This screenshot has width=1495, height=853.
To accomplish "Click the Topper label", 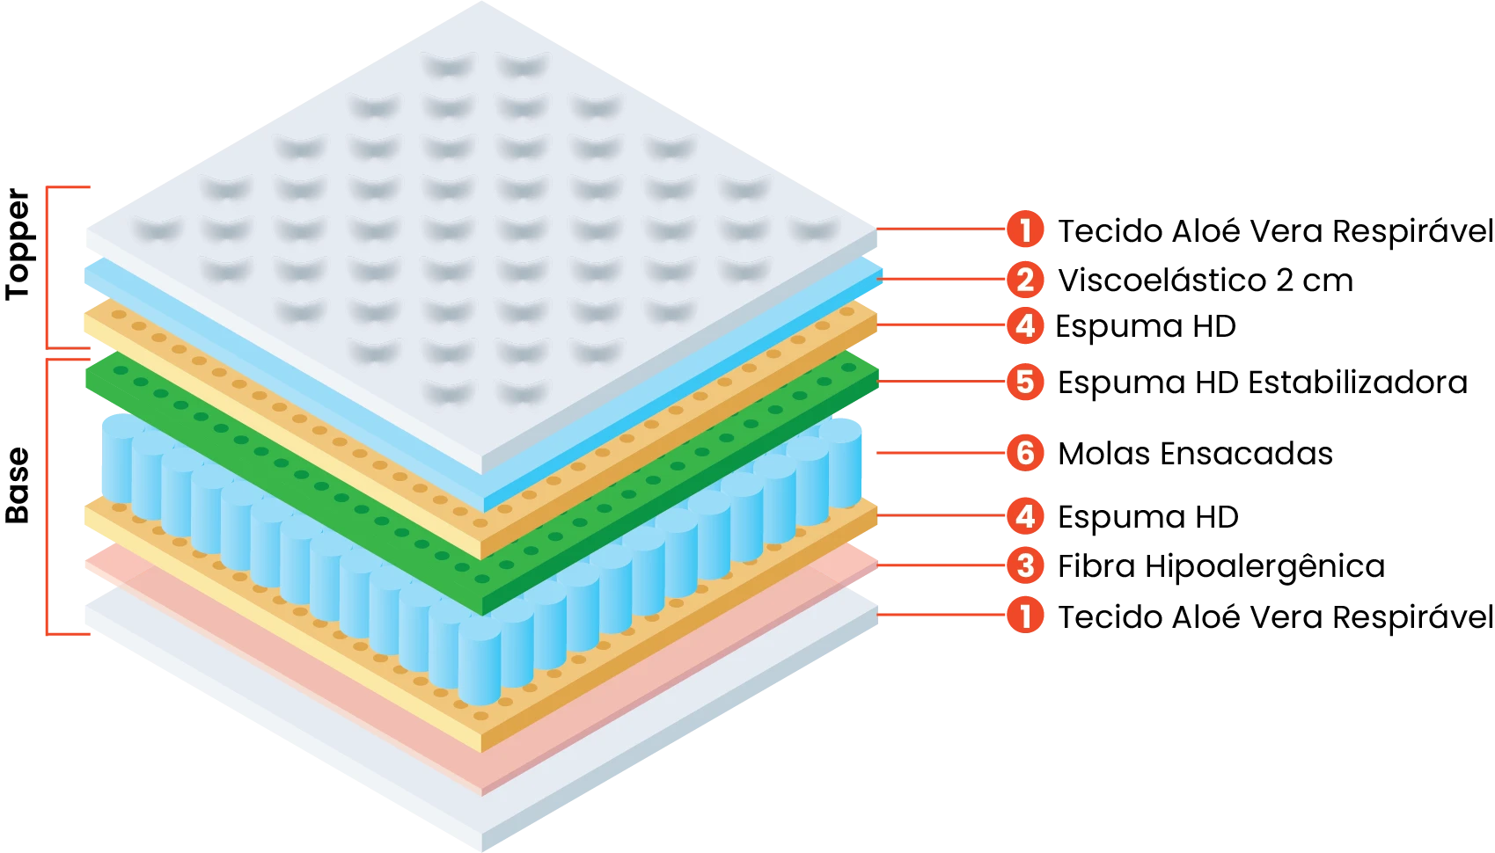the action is tap(18, 244).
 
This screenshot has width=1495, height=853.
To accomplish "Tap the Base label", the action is tap(18, 485).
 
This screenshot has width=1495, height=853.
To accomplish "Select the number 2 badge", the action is tap(1025, 280).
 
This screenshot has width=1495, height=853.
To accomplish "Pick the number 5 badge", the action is tap(1025, 383).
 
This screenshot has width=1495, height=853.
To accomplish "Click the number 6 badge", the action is tap(1025, 453).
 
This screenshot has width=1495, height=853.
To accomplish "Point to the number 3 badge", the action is tap(1025, 565).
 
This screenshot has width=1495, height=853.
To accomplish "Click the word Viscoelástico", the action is tap(1162, 280).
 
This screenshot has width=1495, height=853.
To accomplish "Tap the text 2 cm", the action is tap(1315, 281).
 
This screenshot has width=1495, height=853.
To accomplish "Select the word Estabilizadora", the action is tap(1359, 383).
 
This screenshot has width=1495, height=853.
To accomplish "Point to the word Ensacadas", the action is tap(1247, 454).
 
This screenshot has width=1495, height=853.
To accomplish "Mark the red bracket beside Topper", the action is tap(47, 267).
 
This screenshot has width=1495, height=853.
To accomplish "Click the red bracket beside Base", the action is tap(47, 497).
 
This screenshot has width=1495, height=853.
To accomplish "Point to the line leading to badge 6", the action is tap(941, 453).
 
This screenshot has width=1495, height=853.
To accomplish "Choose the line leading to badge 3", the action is tap(941, 565).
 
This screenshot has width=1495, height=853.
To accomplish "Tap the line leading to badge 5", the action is tap(941, 382).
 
